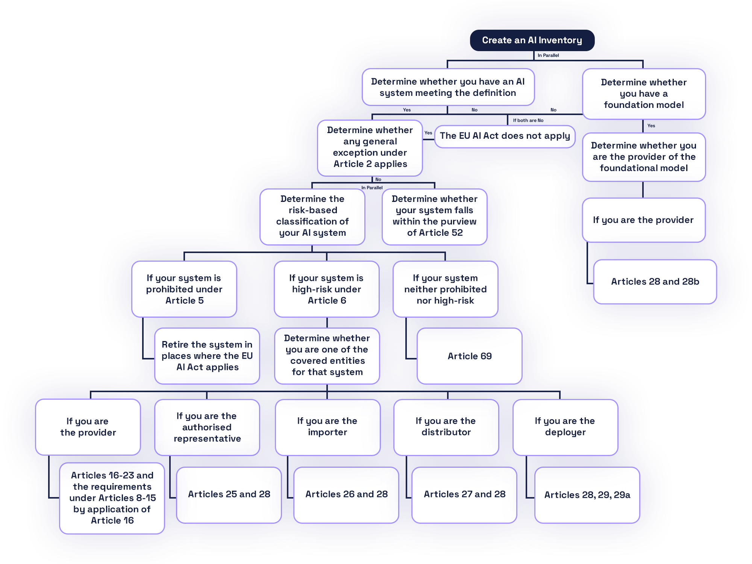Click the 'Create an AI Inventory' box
(x=532, y=40)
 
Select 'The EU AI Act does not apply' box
(x=505, y=136)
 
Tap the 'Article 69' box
(x=469, y=356)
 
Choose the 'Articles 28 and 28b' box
(x=655, y=282)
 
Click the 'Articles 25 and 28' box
(x=229, y=494)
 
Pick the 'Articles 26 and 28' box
(x=346, y=494)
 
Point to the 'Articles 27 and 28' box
(x=464, y=494)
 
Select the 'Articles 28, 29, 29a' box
(x=587, y=495)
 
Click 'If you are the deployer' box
(x=565, y=427)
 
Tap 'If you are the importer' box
(x=327, y=427)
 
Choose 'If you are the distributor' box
(x=446, y=427)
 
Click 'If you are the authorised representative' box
(x=207, y=427)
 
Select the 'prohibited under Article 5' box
(x=184, y=289)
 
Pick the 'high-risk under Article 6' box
(x=326, y=289)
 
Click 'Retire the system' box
(x=207, y=356)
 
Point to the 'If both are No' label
(x=528, y=121)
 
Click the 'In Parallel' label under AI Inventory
(x=548, y=56)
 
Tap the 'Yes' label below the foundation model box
(x=651, y=126)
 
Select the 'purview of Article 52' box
(x=434, y=216)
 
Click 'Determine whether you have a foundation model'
(x=644, y=94)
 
